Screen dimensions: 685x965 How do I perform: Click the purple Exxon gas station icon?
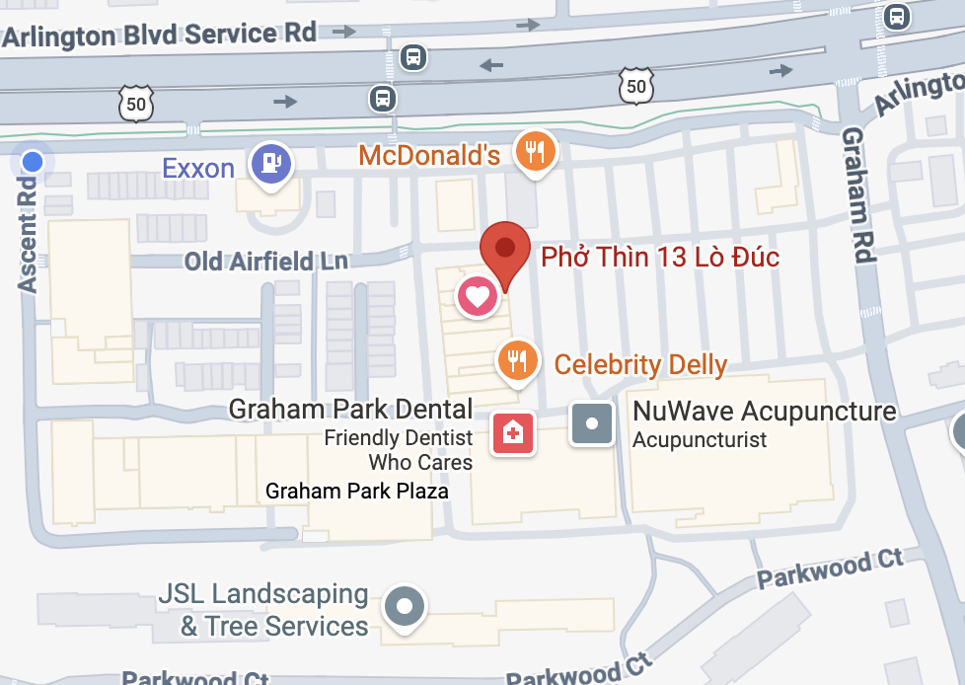270,163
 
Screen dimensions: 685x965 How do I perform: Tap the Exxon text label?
198,168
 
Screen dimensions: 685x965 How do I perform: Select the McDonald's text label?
429,155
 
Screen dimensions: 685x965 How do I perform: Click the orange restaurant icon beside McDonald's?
536,151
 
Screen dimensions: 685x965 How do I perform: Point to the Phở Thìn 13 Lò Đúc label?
660,258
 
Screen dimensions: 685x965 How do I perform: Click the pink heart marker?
477,295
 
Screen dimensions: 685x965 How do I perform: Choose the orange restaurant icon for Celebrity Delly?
516,359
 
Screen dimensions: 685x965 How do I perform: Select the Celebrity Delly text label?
640,364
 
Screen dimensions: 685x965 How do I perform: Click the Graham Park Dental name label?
350,409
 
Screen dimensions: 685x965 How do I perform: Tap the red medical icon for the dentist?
513,432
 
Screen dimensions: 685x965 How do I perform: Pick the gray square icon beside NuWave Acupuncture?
592,423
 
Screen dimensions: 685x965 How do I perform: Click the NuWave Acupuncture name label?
764,411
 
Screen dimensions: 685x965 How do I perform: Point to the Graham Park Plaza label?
357,491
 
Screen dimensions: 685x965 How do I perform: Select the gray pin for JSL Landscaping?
404,603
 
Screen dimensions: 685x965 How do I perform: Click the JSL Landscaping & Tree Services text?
263,610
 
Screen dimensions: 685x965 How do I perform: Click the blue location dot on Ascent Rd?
33,161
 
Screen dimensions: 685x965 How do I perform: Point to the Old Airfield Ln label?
266,261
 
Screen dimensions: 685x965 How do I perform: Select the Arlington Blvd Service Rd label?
159,35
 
